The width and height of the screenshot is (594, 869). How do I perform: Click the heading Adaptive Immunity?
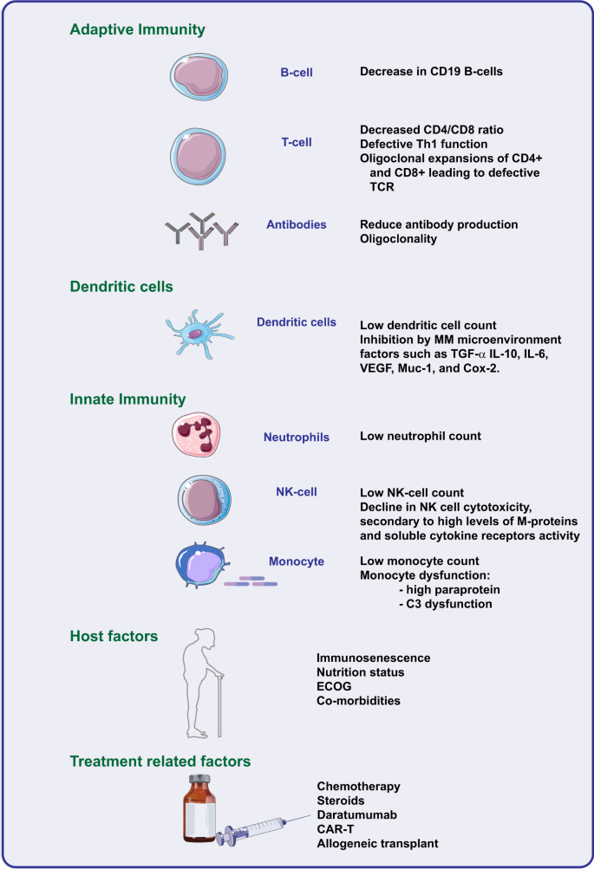(x=137, y=30)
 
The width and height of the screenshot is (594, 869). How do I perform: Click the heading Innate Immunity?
(x=127, y=399)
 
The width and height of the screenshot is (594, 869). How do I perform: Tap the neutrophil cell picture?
(x=200, y=436)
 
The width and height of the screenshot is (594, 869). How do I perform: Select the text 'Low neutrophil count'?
(x=420, y=436)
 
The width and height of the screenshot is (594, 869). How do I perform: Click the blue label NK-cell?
(x=296, y=492)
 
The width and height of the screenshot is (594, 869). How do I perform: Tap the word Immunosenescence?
(x=373, y=658)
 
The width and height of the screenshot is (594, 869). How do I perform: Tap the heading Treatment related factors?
(x=160, y=761)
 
